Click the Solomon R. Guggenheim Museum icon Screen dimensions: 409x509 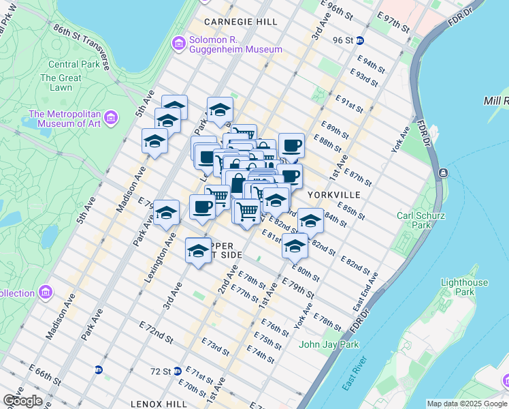[179, 44]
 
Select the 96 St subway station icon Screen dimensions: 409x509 [359, 40]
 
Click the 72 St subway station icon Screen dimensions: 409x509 [178, 372]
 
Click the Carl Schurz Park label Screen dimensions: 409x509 [422, 220]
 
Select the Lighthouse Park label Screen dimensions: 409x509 [464, 287]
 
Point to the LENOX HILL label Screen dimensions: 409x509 [158, 404]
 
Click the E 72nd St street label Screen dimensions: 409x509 [157, 332]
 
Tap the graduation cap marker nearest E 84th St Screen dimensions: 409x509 [310, 221]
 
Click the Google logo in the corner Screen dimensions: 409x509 [22, 401]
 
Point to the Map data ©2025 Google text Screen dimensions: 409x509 [466, 404]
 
